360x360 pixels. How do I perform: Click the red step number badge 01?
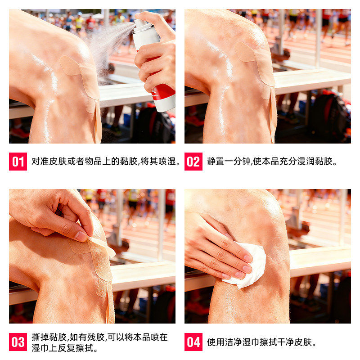(x=18, y=162)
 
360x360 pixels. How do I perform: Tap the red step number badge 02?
(x=193, y=162)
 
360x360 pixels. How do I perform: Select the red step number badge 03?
(x=18, y=342)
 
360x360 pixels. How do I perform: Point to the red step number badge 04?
(x=193, y=342)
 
